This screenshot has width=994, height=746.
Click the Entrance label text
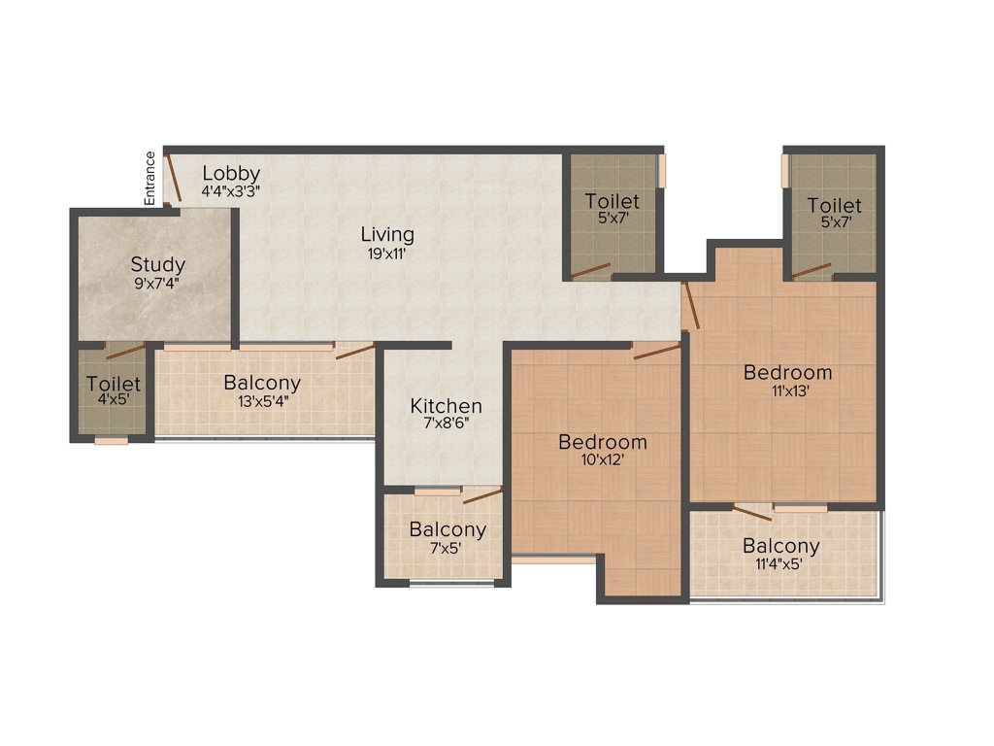(150, 177)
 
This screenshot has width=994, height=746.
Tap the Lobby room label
(231, 174)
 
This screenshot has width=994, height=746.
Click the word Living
(387, 234)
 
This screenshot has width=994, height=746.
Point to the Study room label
(158, 264)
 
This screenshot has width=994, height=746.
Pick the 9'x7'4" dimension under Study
(158, 284)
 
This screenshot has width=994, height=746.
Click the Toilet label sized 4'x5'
(114, 385)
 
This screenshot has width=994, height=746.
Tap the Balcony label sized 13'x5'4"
(262, 383)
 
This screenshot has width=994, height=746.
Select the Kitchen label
(446, 406)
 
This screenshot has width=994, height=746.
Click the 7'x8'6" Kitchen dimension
(446, 424)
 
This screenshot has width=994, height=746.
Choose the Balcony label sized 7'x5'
(447, 529)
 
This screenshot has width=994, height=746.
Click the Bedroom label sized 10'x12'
(602, 442)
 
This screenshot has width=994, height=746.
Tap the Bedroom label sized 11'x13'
(787, 372)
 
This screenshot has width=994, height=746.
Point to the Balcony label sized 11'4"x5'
(781, 546)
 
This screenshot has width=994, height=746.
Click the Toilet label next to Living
(613, 201)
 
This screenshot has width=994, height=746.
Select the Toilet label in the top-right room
(834, 206)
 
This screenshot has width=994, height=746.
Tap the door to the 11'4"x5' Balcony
(752, 513)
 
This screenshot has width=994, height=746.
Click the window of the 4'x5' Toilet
(112, 441)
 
